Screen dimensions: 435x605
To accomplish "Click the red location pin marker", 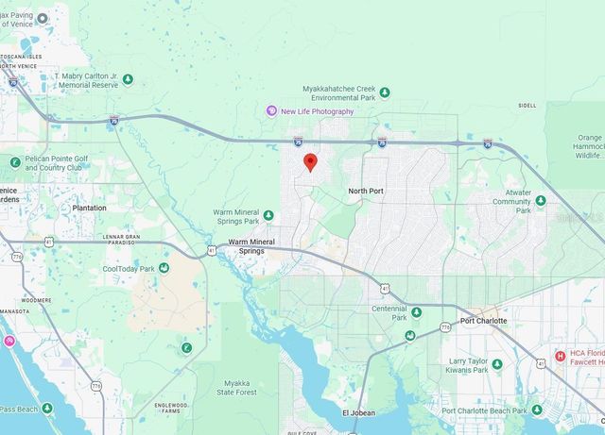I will tap(309, 162).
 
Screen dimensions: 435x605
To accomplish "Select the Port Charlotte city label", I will tap(483, 321).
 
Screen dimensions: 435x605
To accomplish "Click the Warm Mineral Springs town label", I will tap(247, 247).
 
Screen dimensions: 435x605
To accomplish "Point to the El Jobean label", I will tap(358, 413).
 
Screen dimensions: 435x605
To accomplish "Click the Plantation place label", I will tap(90, 208).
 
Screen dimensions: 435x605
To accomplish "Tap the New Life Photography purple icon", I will tap(270, 111).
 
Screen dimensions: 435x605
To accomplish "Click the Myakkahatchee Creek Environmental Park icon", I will tap(385, 92).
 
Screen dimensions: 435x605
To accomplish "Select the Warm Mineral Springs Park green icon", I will tap(268, 216).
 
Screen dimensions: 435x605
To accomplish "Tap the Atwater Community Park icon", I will tap(540, 200).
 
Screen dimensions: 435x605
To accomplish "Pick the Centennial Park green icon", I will tap(414, 312).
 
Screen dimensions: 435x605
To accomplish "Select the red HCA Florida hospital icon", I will tap(561, 358).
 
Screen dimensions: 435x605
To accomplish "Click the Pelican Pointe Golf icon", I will tap(15, 162).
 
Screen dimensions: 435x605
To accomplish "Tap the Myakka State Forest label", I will tap(237, 387).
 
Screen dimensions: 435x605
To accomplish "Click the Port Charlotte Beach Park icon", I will tap(536, 410).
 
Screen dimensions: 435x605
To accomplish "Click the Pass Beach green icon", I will tap(47, 409).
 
